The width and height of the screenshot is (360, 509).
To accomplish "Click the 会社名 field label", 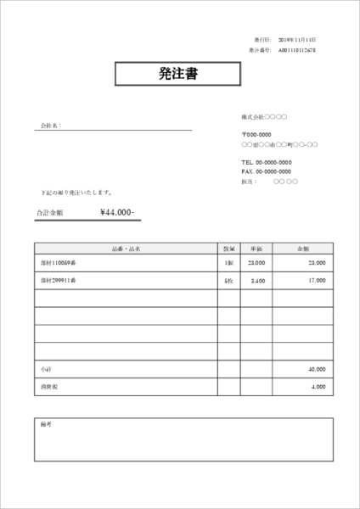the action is tap(51, 126).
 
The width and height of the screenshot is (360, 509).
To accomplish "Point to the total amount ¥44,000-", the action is tap(117, 212).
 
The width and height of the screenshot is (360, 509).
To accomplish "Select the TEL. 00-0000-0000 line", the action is tap(267, 162).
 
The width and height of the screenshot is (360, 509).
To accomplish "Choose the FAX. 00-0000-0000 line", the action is tap(267, 171).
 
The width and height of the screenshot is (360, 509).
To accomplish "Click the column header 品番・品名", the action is tap(126, 249).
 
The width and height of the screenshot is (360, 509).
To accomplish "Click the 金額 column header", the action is tap(302, 249).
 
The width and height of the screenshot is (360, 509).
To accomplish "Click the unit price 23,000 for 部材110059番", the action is tap(256, 264).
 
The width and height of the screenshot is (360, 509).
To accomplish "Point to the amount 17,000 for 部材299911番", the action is tap(316, 280).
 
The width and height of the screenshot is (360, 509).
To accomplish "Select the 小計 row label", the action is tap(46, 370).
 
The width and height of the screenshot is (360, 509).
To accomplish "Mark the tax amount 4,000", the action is tap(318, 387).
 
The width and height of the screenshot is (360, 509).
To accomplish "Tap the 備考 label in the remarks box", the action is tap(46, 422).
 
